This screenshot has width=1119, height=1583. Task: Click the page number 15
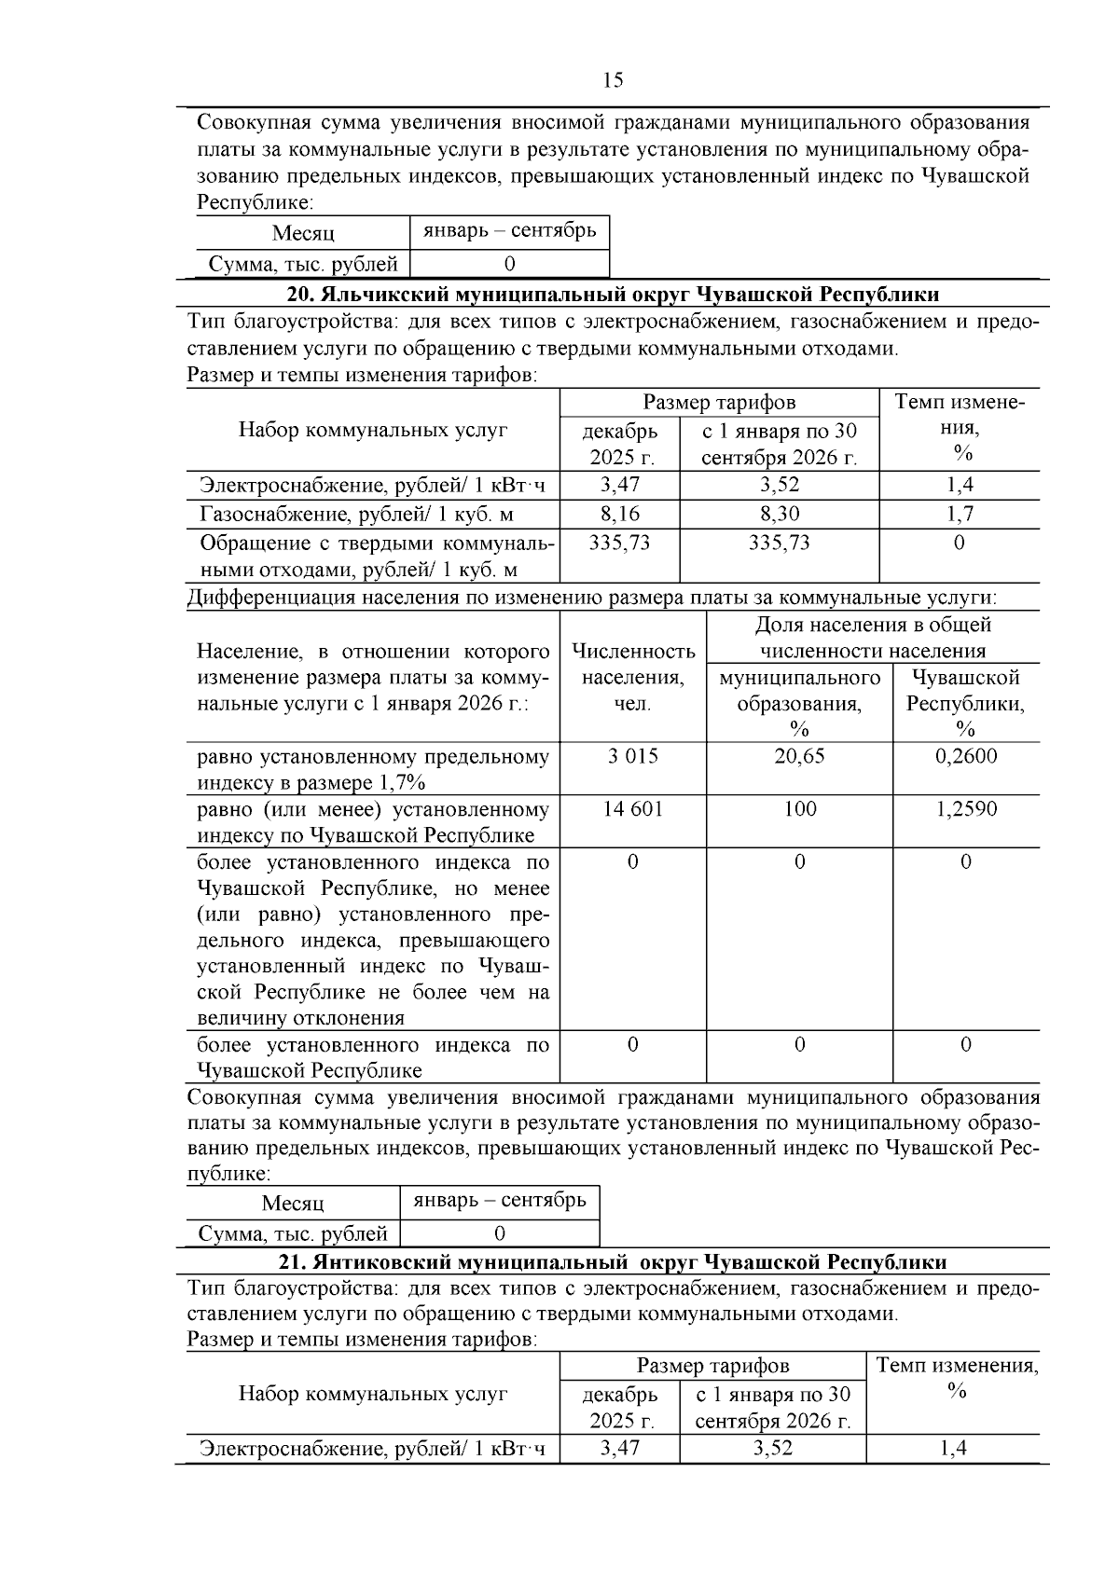coord(613,80)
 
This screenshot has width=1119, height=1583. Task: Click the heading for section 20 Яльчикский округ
coord(613,295)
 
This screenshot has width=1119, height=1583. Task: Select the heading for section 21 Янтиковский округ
coord(613,1262)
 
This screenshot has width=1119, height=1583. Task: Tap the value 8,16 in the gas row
coord(619,514)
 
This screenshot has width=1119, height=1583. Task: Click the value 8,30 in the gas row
coord(779,514)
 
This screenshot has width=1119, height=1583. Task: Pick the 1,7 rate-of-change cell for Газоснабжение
coord(960,514)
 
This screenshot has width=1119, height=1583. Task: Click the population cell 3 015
coord(632,756)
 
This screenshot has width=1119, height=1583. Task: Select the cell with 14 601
coord(632,809)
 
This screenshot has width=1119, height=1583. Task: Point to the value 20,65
coord(799,756)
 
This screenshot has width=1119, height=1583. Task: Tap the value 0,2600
coord(965,756)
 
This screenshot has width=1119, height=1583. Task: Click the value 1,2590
coord(965,809)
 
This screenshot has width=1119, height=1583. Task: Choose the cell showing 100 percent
coord(799,809)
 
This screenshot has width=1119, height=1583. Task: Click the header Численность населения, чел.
coord(632,677)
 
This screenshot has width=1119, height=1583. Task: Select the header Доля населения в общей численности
coord(872,638)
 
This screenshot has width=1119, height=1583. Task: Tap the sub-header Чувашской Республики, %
coord(965,703)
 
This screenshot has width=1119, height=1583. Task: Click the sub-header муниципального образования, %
coord(799,703)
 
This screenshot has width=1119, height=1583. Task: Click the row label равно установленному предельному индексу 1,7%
coord(373,769)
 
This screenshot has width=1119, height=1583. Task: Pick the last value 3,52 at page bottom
coord(773,1449)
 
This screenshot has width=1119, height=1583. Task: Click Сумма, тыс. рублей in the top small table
coord(302,265)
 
